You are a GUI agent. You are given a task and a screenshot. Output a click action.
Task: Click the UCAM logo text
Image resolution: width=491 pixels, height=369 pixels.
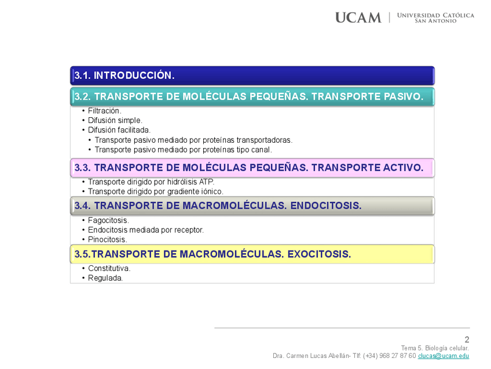pyautogui.click(x=358, y=17)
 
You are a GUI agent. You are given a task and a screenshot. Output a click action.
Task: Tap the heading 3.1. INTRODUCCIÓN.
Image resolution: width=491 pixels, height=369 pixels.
pyautogui.click(x=124, y=75)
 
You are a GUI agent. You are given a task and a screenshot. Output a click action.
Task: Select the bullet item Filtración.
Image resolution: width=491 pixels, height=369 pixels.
pyautogui.click(x=104, y=110)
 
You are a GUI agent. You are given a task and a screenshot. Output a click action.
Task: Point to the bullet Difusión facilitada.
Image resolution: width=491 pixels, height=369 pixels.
pyautogui.click(x=119, y=130)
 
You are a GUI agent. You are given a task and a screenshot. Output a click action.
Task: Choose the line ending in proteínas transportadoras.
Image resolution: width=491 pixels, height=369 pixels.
pyautogui.click(x=193, y=140)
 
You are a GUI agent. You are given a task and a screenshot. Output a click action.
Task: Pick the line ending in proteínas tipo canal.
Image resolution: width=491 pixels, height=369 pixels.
pyautogui.click(x=183, y=150)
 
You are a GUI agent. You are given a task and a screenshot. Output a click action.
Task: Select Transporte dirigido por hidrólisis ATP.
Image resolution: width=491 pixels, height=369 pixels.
pyautogui.click(x=151, y=182)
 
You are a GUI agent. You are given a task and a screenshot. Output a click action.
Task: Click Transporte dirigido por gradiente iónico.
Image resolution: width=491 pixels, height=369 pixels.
pyautogui.click(x=155, y=191)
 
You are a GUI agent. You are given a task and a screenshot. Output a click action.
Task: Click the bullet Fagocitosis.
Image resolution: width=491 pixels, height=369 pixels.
pyautogui.click(x=108, y=220)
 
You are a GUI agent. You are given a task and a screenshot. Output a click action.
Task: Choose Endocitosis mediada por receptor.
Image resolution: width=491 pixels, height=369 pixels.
pyautogui.click(x=145, y=230)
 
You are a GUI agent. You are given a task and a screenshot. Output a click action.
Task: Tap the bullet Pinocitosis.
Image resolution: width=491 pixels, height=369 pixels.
pyautogui.click(x=107, y=240)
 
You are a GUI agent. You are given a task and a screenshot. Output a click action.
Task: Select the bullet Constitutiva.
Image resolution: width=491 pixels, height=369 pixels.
pyautogui.click(x=109, y=269)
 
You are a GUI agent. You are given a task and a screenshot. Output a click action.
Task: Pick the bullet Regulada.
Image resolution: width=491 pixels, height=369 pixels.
pyautogui.click(x=105, y=278)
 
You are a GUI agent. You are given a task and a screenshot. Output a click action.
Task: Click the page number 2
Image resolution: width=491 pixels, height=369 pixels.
pyautogui.click(x=467, y=340)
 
